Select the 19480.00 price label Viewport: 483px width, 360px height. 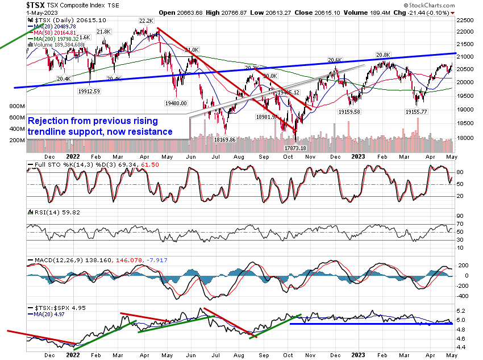click(x=175, y=103)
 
